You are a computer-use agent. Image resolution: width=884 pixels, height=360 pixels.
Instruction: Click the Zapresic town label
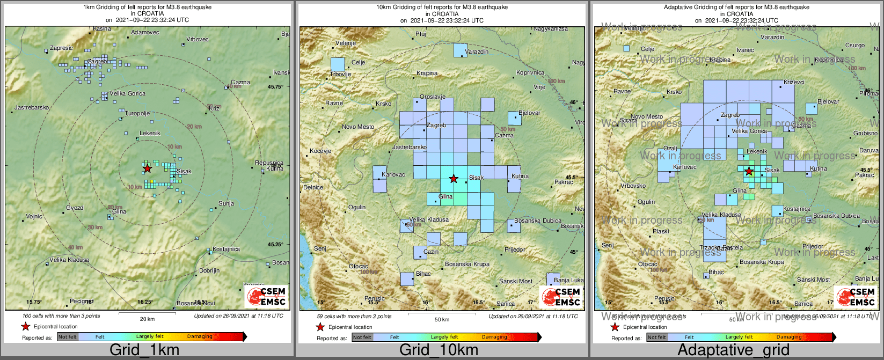point(61,48)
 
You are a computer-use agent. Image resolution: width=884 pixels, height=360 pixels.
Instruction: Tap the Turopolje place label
point(137,114)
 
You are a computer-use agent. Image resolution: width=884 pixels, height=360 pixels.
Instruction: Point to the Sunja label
point(226,204)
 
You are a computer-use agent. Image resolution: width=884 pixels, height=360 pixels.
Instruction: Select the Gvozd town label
point(75,208)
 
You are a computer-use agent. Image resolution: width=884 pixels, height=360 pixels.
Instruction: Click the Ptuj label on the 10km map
point(421,34)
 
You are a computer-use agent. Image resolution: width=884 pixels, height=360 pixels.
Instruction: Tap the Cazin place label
point(431,252)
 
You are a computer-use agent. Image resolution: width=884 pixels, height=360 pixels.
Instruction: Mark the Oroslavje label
point(433,97)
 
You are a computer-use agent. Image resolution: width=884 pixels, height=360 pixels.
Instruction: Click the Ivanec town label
point(745,50)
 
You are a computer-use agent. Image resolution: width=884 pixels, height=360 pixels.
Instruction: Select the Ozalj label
point(670,148)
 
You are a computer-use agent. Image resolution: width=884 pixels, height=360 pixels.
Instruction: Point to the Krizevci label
point(794,82)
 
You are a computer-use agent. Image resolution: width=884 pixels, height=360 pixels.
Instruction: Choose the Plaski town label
point(661,231)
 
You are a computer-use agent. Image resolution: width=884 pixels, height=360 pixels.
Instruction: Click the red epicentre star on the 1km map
point(147,168)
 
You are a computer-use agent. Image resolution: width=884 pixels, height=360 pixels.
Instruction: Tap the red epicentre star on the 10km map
point(454,178)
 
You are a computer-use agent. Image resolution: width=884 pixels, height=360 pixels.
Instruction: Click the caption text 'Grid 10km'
point(439,350)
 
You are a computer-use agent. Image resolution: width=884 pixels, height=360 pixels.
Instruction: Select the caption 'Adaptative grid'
point(733,350)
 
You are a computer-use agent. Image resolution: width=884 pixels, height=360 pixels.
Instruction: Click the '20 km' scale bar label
point(147,319)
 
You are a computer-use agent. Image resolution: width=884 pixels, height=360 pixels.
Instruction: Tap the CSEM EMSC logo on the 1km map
point(267,296)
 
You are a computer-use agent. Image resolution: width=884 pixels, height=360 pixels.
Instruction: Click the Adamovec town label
point(145,33)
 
